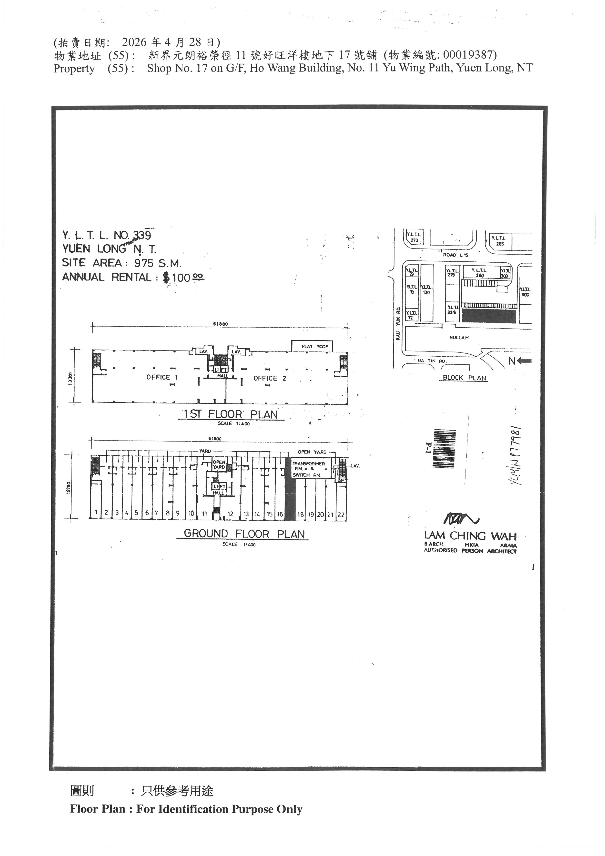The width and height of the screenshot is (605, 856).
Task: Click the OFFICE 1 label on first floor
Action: pos(162,377)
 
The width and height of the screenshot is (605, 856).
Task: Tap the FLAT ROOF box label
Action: pos(315,346)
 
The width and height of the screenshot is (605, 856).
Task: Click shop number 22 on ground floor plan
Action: pos(341,515)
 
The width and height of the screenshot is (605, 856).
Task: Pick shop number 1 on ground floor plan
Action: pos(96,512)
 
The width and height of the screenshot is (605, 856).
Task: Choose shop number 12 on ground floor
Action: pos(230,514)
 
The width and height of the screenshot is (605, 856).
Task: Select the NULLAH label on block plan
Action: pos(459,338)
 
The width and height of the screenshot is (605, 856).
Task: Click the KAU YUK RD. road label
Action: pos(398,323)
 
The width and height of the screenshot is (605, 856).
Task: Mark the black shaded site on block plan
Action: pos(489,316)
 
